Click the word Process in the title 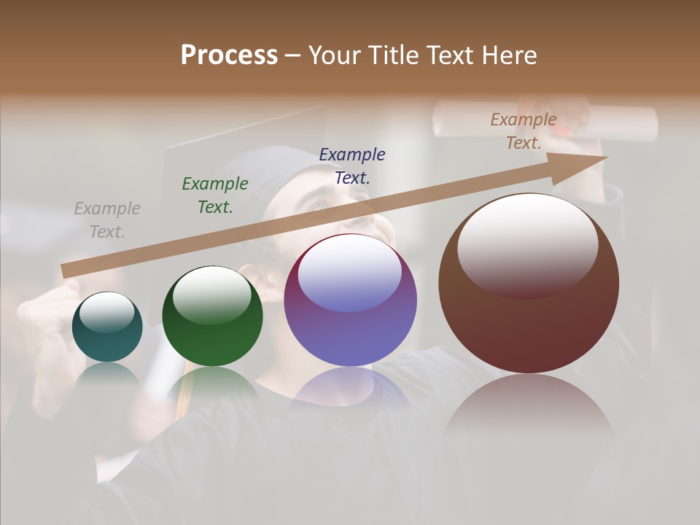[229, 55]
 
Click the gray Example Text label [107, 220]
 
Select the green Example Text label [215, 195]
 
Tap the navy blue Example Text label [352, 166]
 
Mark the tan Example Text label [524, 131]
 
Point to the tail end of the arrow [67, 271]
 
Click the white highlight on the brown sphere [527, 244]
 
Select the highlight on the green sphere [212, 294]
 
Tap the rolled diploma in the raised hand [547, 120]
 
